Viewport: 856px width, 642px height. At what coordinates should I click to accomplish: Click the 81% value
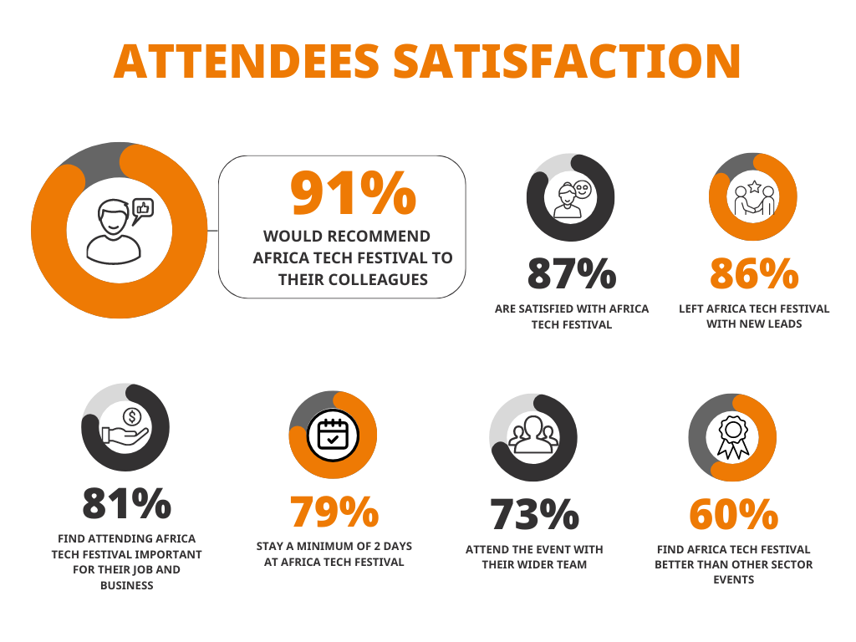coord(126,503)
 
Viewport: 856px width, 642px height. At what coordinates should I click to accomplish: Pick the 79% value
coord(333,512)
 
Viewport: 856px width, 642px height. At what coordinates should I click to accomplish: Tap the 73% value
coord(534,514)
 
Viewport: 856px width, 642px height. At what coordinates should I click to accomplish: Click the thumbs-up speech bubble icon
coord(144,208)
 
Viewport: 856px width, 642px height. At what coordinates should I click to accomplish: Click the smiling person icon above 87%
coord(571,199)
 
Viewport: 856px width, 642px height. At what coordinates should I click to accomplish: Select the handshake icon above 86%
coord(754,199)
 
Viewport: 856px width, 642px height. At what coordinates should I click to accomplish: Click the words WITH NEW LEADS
coord(754,324)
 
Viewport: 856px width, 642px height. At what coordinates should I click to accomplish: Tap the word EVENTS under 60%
coord(733,578)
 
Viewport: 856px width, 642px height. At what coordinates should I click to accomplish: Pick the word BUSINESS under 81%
coord(126,585)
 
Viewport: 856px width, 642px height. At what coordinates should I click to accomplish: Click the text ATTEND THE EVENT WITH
coord(534,549)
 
